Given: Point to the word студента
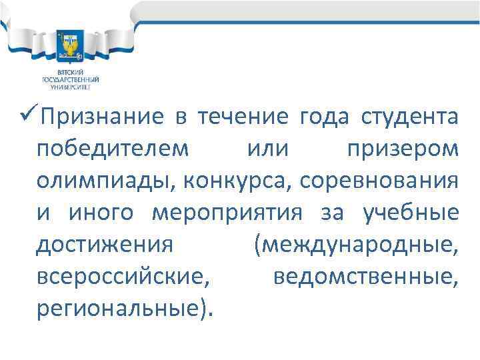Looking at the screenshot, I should [410, 118].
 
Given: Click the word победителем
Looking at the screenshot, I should [113, 150].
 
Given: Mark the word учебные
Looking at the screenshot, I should [410, 213].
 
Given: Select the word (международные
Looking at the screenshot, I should [355, 245].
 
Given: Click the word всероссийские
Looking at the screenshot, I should [119, 277].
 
